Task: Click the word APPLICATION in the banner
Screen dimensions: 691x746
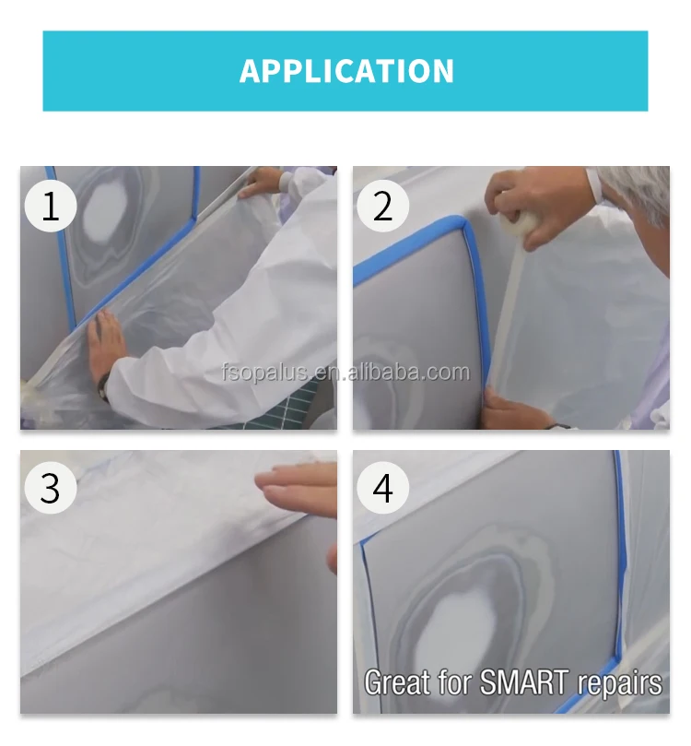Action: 346,71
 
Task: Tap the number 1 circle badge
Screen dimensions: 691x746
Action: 51,207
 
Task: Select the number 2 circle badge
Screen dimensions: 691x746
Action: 382,207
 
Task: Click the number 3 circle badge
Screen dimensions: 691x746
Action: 51,488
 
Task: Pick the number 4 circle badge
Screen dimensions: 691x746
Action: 382,488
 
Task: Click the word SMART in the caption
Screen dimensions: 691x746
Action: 523,681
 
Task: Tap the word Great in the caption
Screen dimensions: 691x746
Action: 396,681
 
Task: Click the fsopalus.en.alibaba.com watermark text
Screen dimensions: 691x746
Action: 346,372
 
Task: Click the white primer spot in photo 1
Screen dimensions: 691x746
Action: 108,211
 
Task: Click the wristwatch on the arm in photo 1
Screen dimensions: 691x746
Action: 103,386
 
